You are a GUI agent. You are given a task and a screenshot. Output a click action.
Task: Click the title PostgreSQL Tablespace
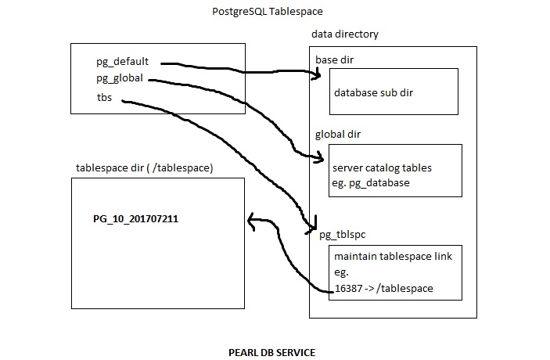267,12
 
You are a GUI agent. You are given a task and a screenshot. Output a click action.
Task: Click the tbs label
104,98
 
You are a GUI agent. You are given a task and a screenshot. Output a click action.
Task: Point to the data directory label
345,35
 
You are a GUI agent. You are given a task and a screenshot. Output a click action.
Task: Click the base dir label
336,60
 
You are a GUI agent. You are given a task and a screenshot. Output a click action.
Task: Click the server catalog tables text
382,167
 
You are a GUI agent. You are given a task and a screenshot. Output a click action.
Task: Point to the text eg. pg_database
371,182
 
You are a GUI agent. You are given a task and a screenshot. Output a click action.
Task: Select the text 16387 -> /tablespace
383,288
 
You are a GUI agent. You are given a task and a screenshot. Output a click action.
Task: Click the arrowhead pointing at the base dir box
317,75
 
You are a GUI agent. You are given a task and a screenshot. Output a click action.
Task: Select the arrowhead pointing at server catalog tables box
318,159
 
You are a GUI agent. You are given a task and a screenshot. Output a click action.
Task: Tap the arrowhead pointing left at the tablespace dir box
251,221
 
